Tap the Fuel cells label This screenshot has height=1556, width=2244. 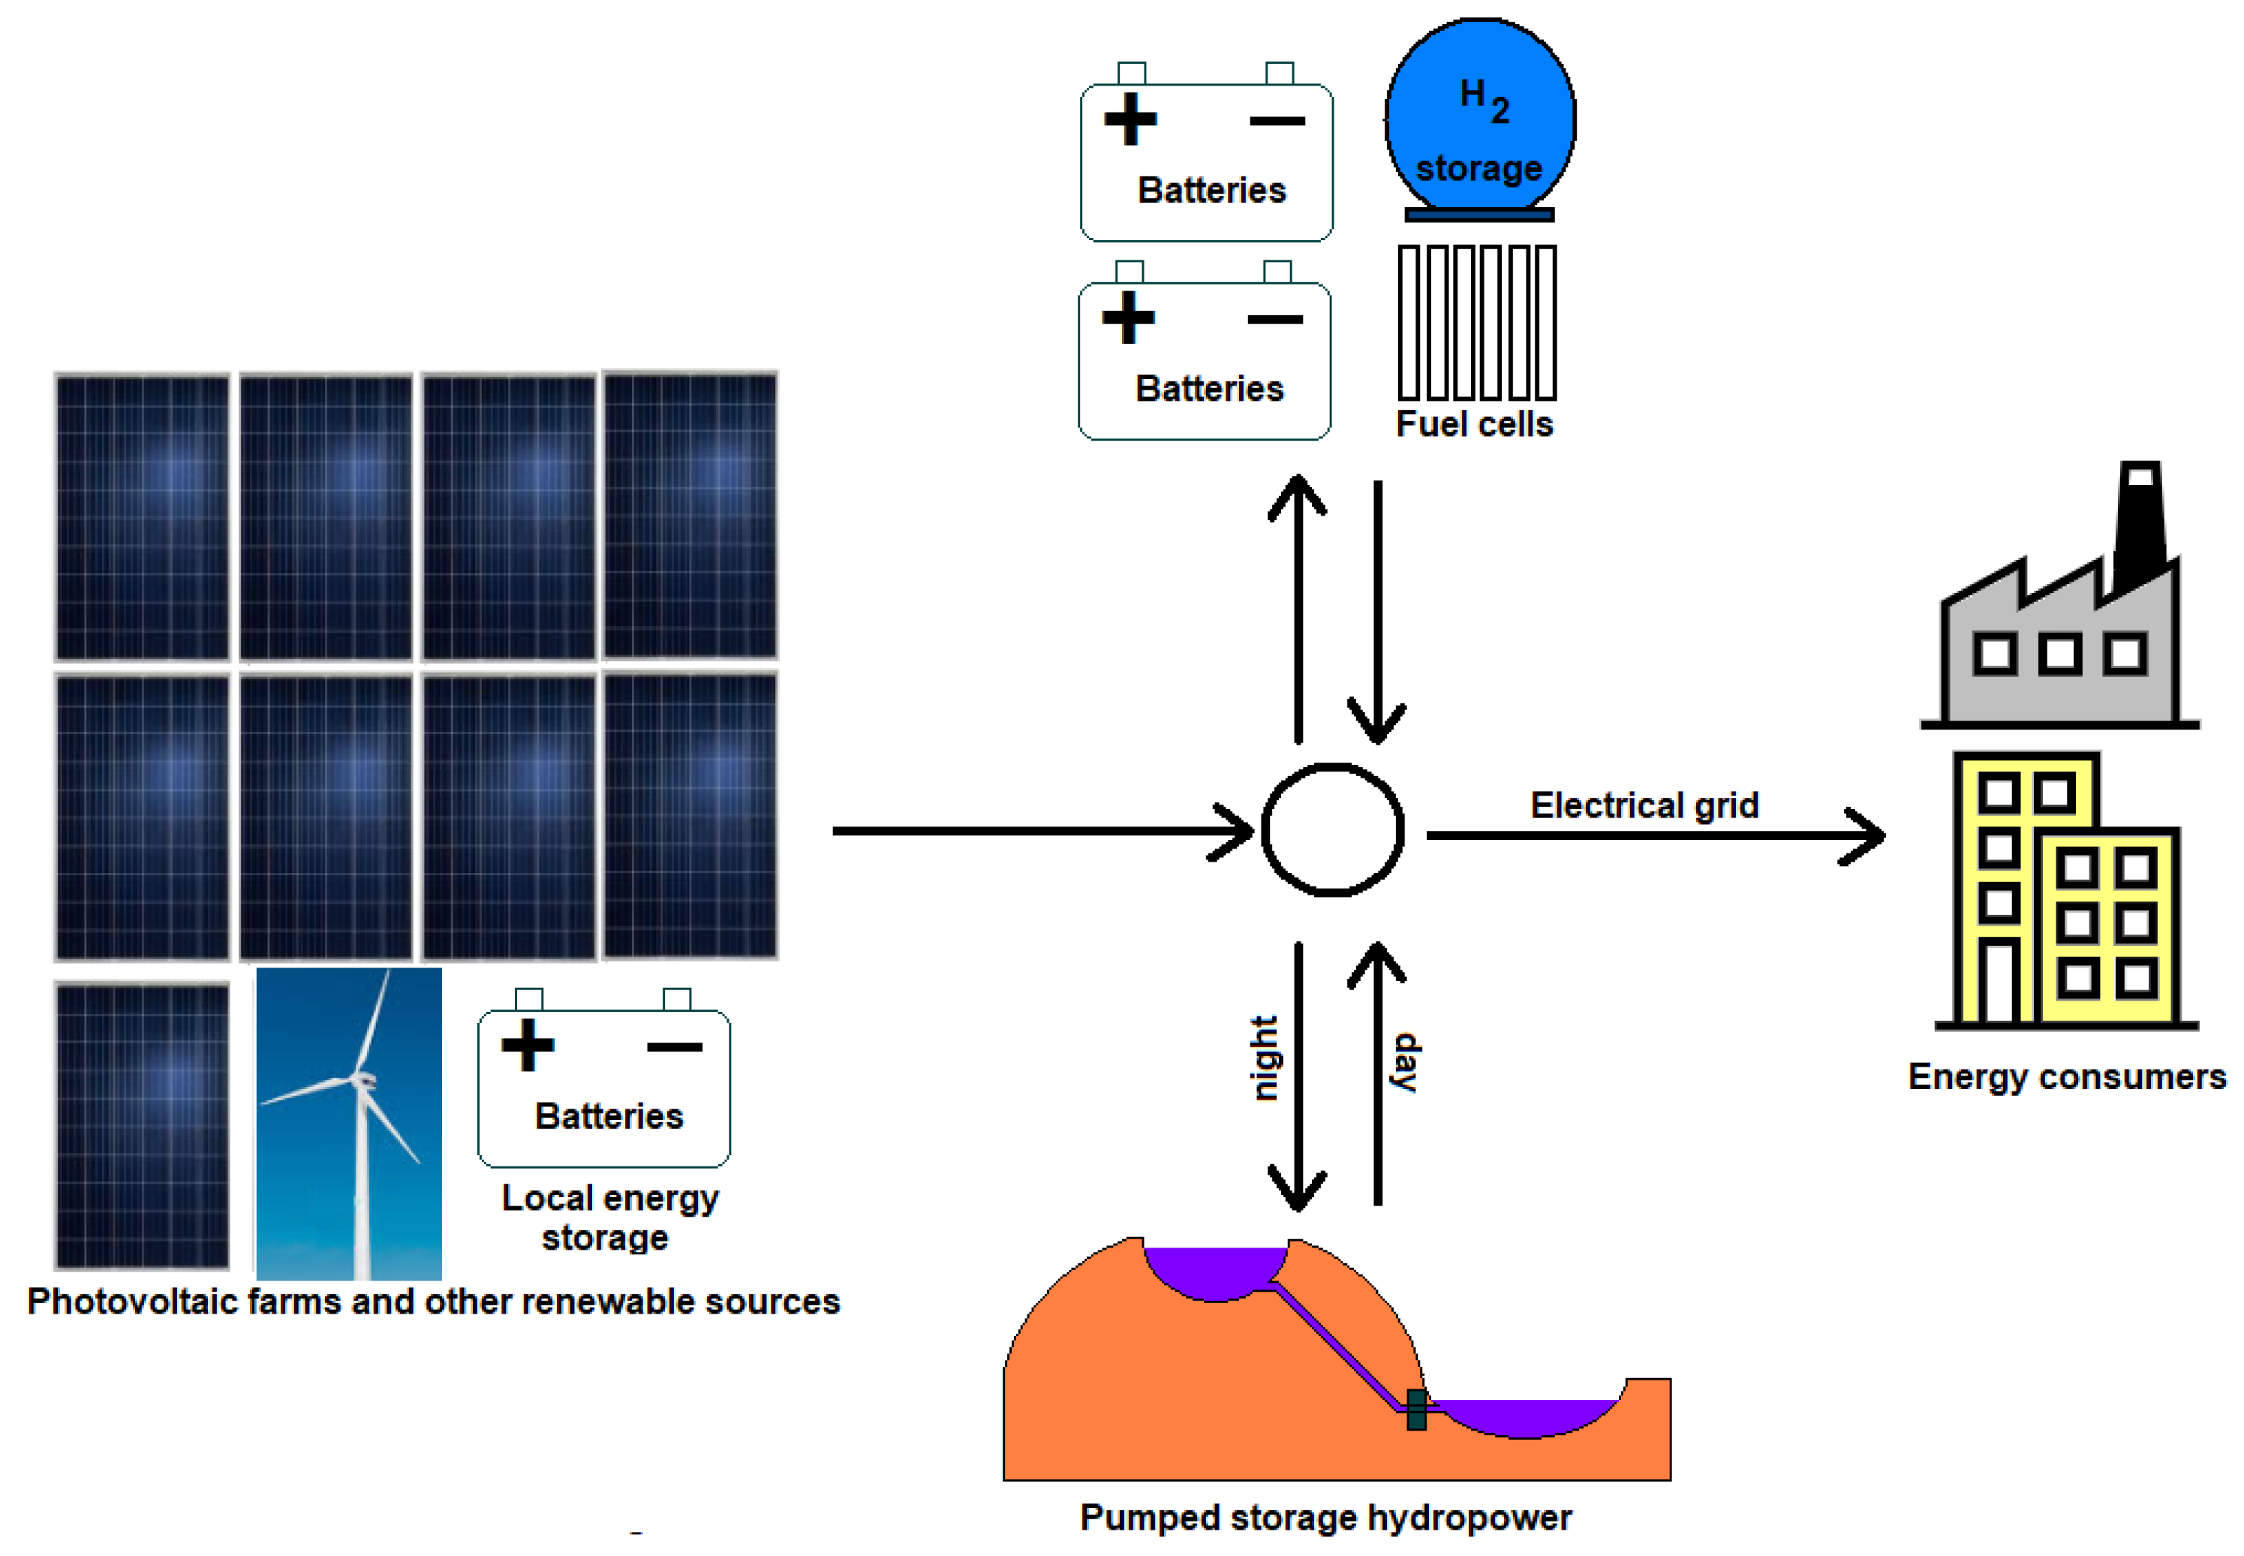[x=1473, y=424]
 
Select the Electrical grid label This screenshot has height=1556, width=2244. [x=1644, y=805]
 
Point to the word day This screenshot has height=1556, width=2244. [x=1406, y=1063]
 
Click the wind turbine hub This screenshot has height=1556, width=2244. [x=362, y=1080]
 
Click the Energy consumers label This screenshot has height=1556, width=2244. [x=2065, y=1076]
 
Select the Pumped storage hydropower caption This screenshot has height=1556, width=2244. [x=1325, y=1518]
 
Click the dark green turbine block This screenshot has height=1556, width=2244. [x=1416, y=1410]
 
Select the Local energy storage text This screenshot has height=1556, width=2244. [x=609, y=1217]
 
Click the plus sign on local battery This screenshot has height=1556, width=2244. [x=528, y=1045]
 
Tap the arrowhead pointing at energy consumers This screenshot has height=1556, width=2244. [x=1866, y=835]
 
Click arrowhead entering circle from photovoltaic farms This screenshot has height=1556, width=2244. [x=1236, y=831]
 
